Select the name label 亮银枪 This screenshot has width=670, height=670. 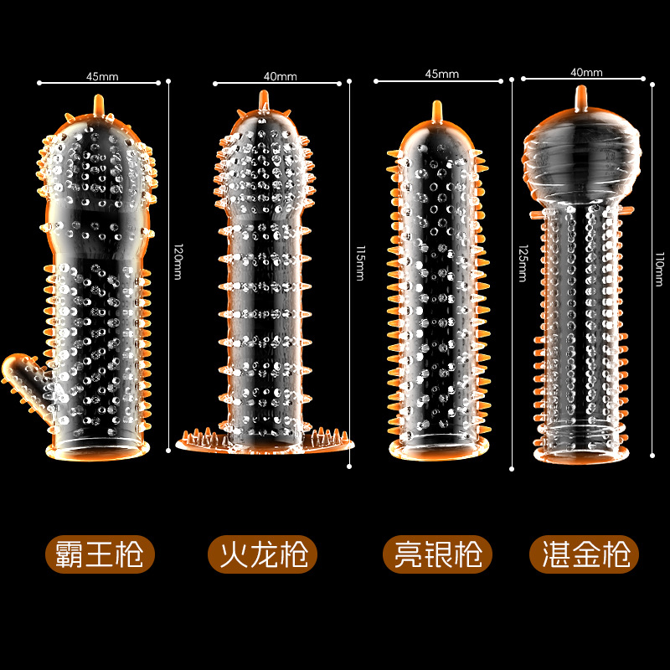437,554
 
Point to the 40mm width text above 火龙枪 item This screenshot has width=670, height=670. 280,76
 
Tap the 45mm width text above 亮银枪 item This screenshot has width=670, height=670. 442,74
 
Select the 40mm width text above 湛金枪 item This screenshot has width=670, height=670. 586,72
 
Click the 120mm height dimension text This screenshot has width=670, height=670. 177,260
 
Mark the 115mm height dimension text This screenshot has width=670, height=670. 358,261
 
